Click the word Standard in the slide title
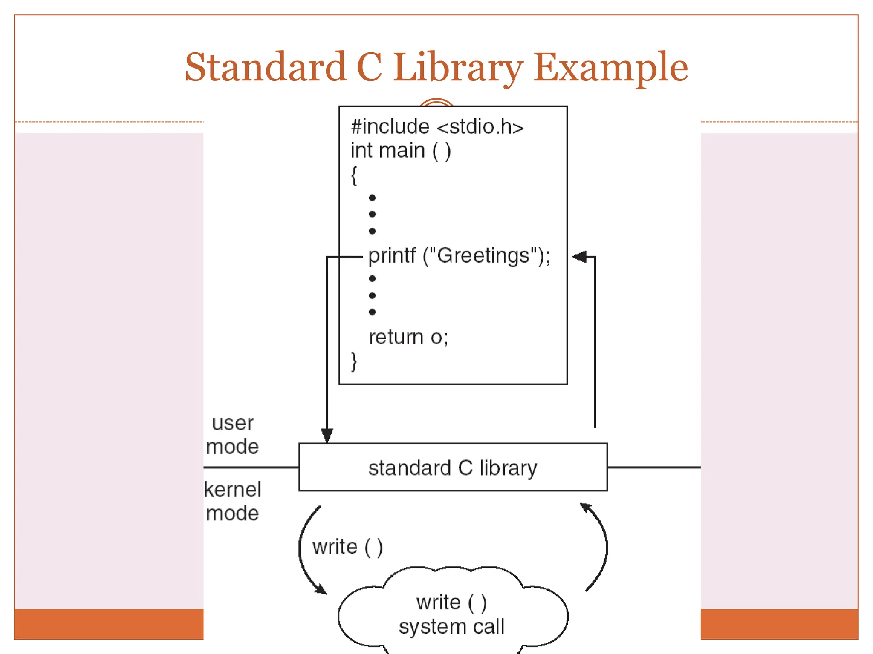(x=265, y=67)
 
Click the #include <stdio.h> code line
(x=437, y=126)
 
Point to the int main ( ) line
(x=401, y=150)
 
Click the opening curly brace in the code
(x=354, y=175)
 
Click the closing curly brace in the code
(x=354, y=361)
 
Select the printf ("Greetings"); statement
(x=459, y=256)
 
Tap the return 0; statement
(x=408, y=337)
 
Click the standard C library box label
(x=453, y=468)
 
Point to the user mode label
(x=232, y=435)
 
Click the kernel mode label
(x=232, y=501)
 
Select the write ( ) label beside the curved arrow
(x=347, y=547)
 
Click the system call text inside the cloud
(x=451, y=626)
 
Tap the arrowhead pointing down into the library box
(x=327, y=436)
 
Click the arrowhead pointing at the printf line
(x=579, y=257)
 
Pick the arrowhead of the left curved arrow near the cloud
(x=321, y=589)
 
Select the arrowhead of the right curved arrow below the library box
(x=586, y=508)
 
